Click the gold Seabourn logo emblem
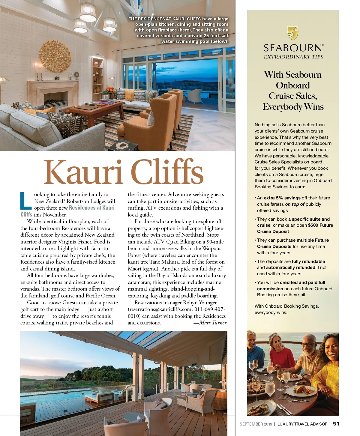point(293,33)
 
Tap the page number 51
point(336,424)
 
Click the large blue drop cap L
point(26,201)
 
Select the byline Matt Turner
point(210,323)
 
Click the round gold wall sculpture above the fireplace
point(55,56)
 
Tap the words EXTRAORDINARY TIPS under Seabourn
point(293,57)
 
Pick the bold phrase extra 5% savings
point(282,198)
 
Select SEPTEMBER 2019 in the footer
point(256,424)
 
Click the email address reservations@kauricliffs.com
point(160,309)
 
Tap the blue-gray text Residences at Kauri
point(92,208)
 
